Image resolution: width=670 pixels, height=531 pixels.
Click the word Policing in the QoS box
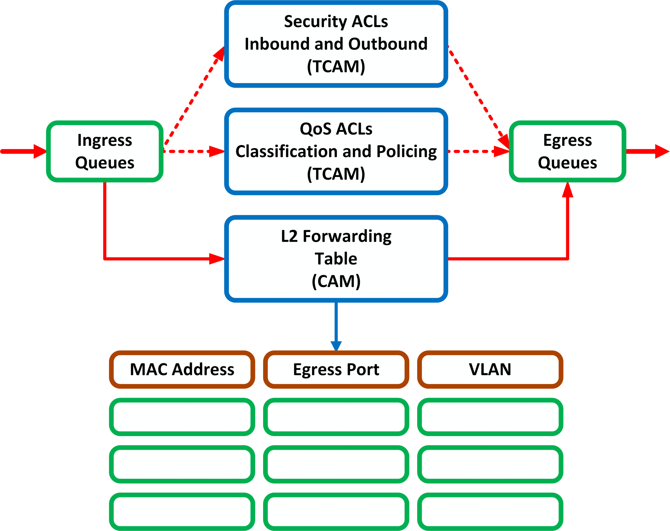406,152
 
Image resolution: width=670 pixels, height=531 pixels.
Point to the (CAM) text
336,281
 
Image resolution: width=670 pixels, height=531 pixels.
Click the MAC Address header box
182,369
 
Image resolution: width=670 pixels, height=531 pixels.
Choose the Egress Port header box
336,369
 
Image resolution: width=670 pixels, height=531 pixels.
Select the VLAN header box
490,369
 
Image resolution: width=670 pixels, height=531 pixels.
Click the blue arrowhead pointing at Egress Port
336,346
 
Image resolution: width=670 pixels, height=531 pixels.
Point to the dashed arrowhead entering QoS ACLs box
217,152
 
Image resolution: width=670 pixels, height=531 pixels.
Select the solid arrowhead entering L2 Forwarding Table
217,258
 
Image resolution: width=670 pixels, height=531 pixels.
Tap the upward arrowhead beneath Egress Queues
567,190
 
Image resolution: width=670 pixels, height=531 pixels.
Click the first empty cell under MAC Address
182,417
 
